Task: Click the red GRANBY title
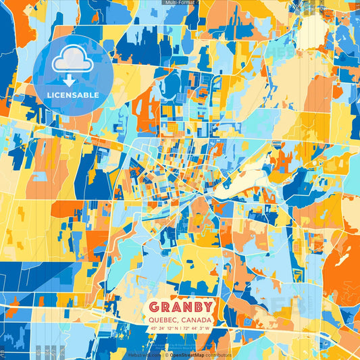click(x=180, y=305)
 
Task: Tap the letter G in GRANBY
click(x=155, y=305)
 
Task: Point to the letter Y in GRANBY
click(x=207, y=305)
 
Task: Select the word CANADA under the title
click(x=197, y=320)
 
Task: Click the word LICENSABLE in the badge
click(x=72, y=95)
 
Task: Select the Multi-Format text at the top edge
click(x=180, y=3)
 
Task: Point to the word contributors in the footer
click(x=219, y=355)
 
